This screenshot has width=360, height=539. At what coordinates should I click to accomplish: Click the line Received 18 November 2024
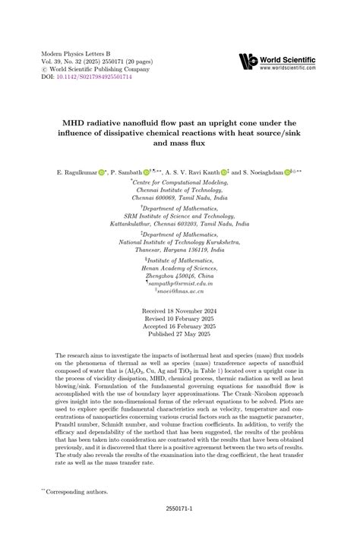pos(180,311)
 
